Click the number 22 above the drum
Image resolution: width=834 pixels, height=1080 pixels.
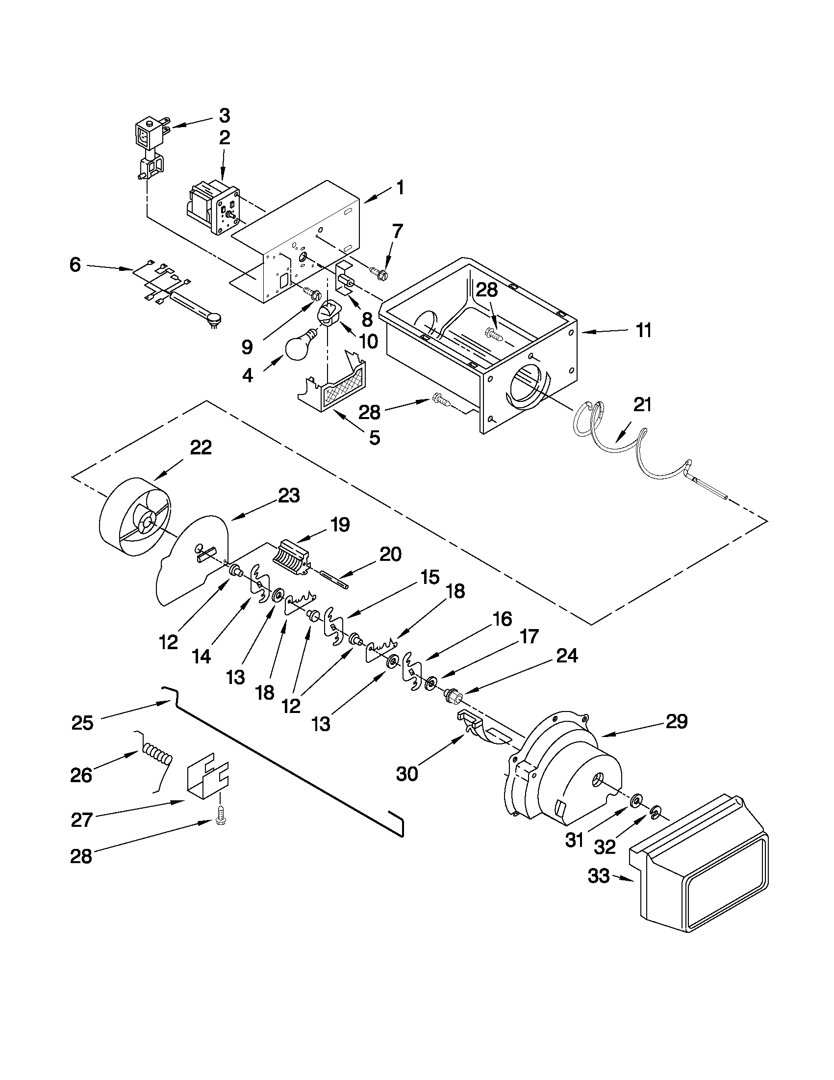[x=201, y=447]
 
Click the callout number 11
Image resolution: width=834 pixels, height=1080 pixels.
[x=643, y=330]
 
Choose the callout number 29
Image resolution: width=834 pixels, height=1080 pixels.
[x=677, y=721]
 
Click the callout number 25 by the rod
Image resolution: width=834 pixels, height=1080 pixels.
[x=82, y=722]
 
